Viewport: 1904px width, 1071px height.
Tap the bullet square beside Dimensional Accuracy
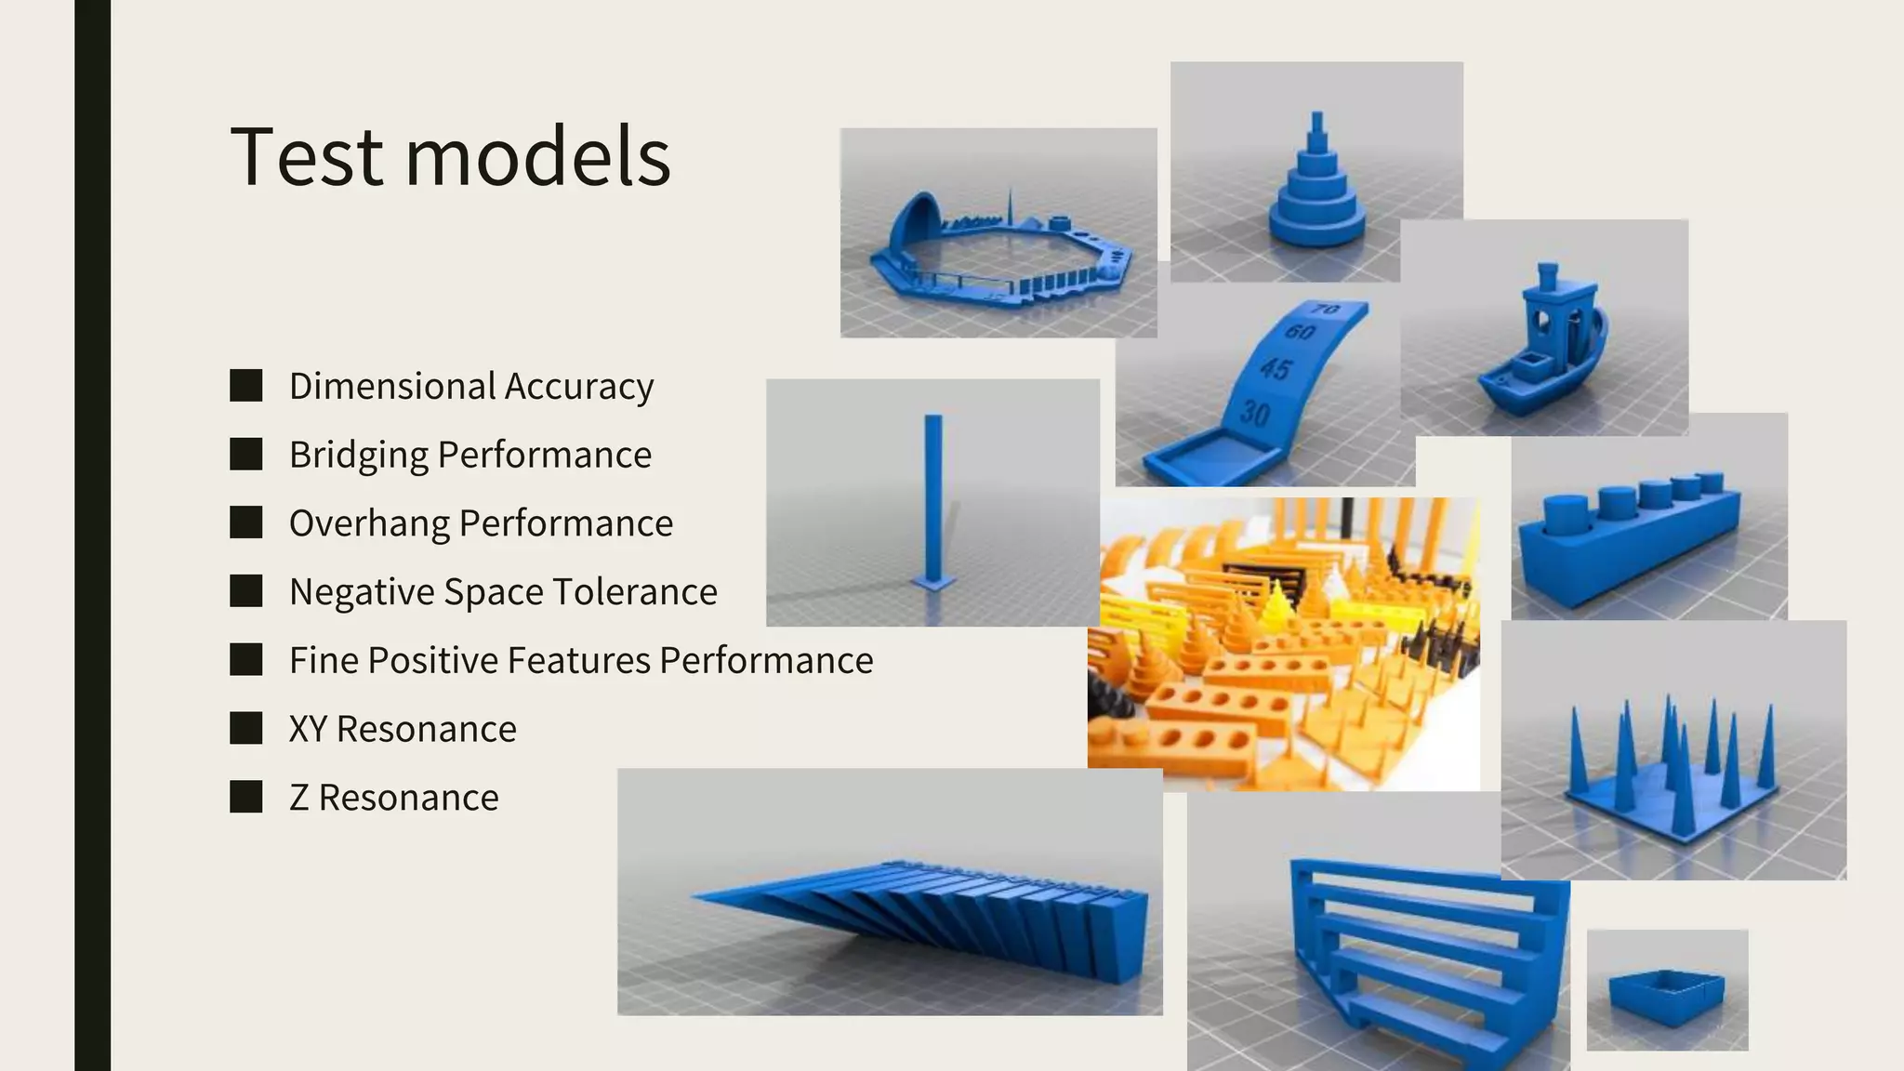pyautogui.click(x=246, y=386)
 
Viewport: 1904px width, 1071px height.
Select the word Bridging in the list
pyautogui.click(x=358, y=456)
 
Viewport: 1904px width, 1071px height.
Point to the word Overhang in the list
pyautogui.click(x=368, y=523)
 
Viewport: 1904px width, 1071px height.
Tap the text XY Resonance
pyautogui.click(x=403, y=730)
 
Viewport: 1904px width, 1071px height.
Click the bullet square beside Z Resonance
pyautogui.click(x=246, y=798)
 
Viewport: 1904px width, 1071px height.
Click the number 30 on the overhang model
pyautogui.click(x=1255, y=412)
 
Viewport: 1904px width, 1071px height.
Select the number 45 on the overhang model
pyautogui.click(x=1276, y=369)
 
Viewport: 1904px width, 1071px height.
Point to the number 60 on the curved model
pyautogui.click(x=1300, y=332)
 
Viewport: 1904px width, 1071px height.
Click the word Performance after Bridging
pyautogui.click(x=545, y=456)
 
